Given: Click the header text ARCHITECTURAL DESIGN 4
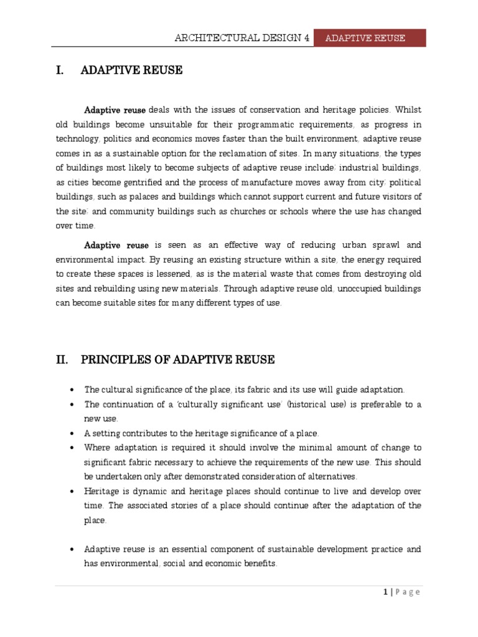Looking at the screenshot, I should coord(243,38).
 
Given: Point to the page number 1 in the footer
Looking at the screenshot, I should coord(386,592).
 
